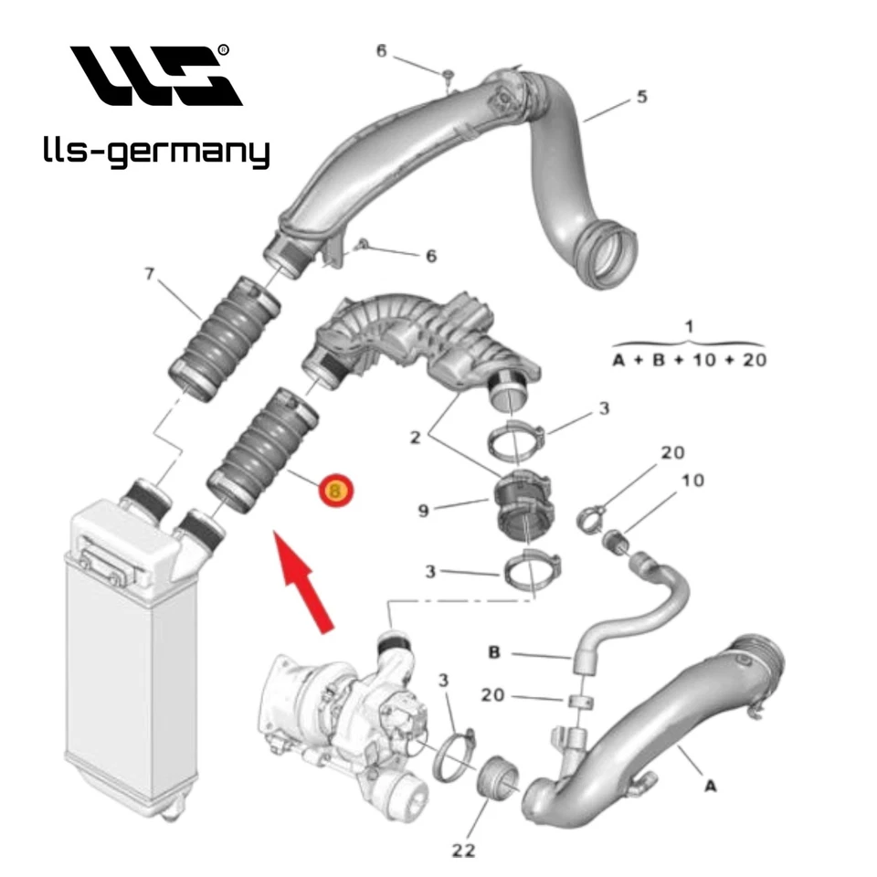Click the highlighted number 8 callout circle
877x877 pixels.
(x=335, y=491)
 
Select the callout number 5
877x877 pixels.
(x=642, y=96)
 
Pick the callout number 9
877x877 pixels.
(x=423, y=512)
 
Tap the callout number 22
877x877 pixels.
(x=465, y=849)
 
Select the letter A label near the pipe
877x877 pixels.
(x=708, y=784)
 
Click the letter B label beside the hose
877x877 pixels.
(x=494, y=652)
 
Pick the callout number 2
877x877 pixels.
(x=414, y=438)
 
